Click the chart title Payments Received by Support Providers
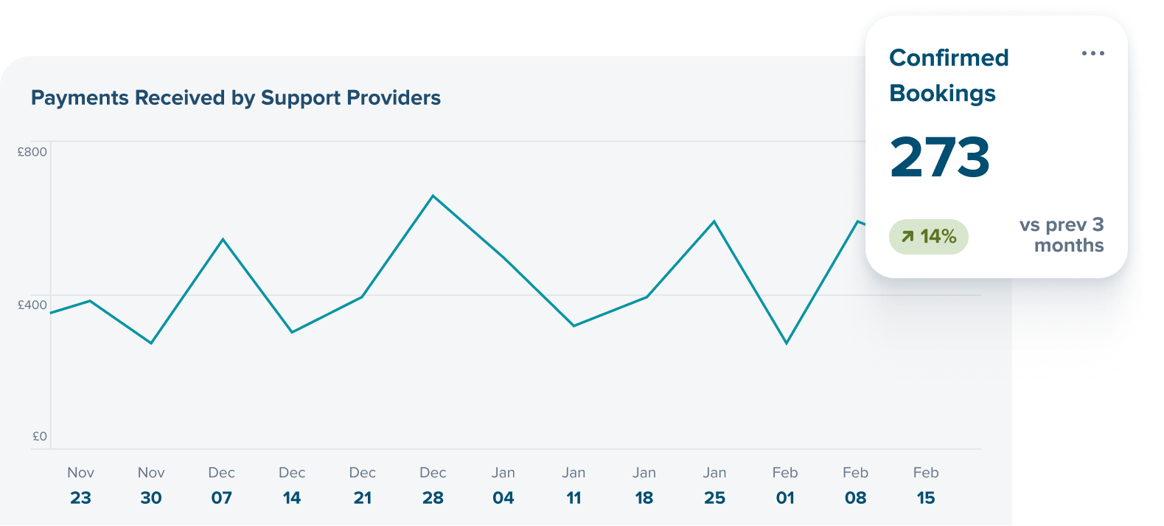[x=236, y=98]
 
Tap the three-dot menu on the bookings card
[x=1092, y=53]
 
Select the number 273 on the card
[x=939, y=157]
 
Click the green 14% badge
[x=928, y=237]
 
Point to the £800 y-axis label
[x=32, y=152]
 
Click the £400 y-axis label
[x=32, y=305]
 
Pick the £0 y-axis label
[x=40, y=436]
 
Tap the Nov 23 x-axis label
[x=80, y=485]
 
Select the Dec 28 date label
[x=433, y=485]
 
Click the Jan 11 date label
[x=574, y=485]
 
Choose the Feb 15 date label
[x=926, y=485]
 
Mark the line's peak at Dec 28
[x=433, y=195]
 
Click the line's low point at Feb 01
[x=787, y=343]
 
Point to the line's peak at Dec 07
[x=223, y=239]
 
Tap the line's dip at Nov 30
[x=151, y=343]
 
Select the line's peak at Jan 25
[x=714, y=221]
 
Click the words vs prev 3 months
[x=1062, y=235]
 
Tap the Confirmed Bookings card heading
[x=949, y=75]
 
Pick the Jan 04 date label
[x=503, y=485]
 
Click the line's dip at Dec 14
[x=292, y=332]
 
